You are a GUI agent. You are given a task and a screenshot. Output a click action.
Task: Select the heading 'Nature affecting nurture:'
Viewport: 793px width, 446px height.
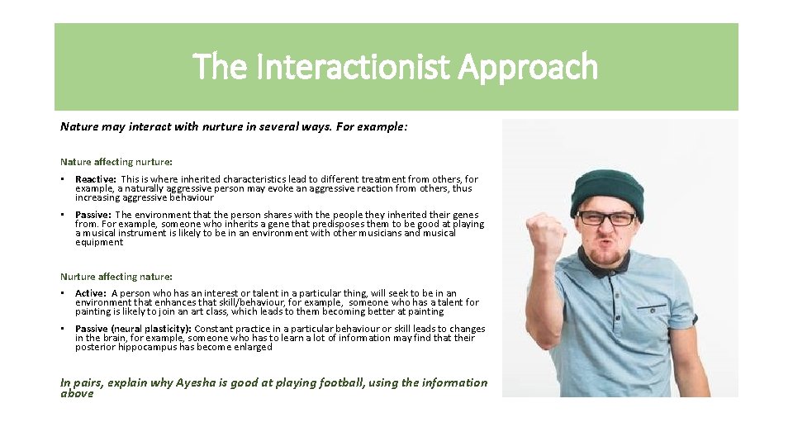coord(116,162)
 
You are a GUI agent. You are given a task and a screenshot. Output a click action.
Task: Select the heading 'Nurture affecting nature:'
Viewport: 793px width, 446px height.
coord(116,276)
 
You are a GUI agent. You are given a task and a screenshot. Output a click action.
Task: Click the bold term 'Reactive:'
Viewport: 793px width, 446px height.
coord(96,179)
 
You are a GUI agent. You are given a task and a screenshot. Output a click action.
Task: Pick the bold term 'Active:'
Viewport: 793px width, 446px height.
coord(91,293)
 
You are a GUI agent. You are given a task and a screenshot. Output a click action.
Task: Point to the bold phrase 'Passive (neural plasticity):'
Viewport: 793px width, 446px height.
coord(132,329)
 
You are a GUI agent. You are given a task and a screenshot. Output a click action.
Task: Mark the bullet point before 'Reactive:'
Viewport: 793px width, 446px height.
coord(64,179)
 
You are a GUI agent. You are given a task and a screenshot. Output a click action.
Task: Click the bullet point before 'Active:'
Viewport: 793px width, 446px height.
coord(64,293)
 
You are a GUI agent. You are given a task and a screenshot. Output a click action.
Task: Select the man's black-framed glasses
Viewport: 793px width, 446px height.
coord(607,218)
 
